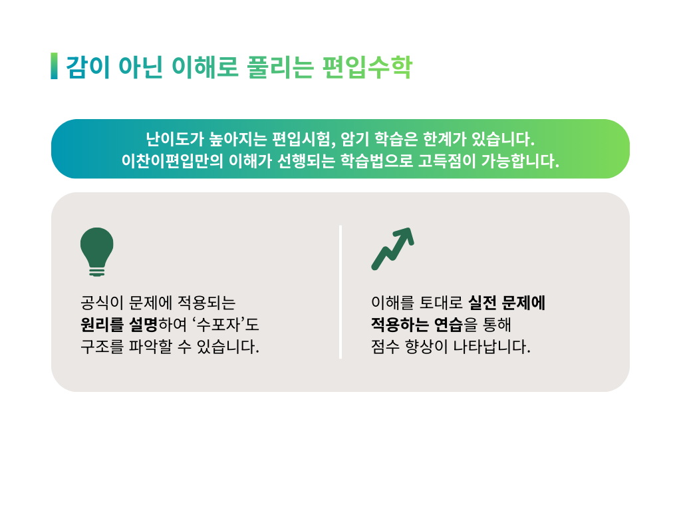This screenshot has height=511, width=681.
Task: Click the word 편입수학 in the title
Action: pyautogui.click(x=367, y=67)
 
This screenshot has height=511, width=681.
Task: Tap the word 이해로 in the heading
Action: pyautogui.click(x=205, y=67)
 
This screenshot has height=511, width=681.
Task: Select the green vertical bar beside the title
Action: pyautogui.click(x=54, y=66)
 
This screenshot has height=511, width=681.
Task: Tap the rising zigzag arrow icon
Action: pyautogui.click(x=392, y=249)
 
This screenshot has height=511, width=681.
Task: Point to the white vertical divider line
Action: pyautogui.click(x=340, y=292)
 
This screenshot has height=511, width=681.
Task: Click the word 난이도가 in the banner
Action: pyautogui.click(x=175, y=139)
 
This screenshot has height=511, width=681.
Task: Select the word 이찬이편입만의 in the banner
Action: pyautogui.click(x=172, y=161)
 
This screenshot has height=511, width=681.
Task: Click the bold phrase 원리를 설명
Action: pyautogui.click(x=118, y=325)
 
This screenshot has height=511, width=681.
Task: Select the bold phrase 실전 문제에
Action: pyautogui.click(x=507, y=303)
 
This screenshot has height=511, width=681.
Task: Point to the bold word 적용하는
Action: pyautogui.click(x=400, y=325)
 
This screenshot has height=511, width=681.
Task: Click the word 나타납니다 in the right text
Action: pyautogui.click(x=492, y=347)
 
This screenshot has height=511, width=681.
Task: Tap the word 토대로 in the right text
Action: pyautogui.click(x=441, y=303)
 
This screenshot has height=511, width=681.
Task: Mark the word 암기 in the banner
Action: pyautogui.click(x=355, y=139)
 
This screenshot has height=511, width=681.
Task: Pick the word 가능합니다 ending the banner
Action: pyautogui.click(x=520, y=161)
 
